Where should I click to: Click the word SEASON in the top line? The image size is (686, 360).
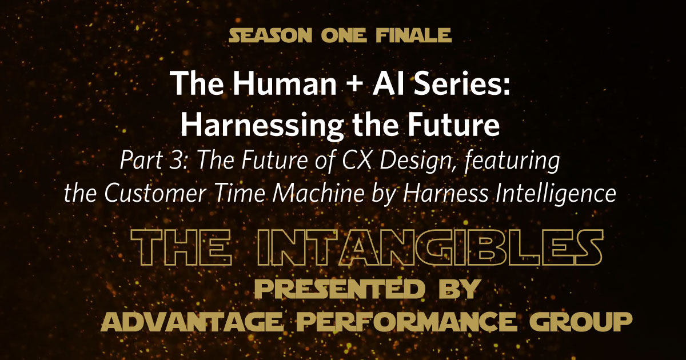[265, 36]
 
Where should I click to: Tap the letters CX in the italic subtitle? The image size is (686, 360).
[370, 162]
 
